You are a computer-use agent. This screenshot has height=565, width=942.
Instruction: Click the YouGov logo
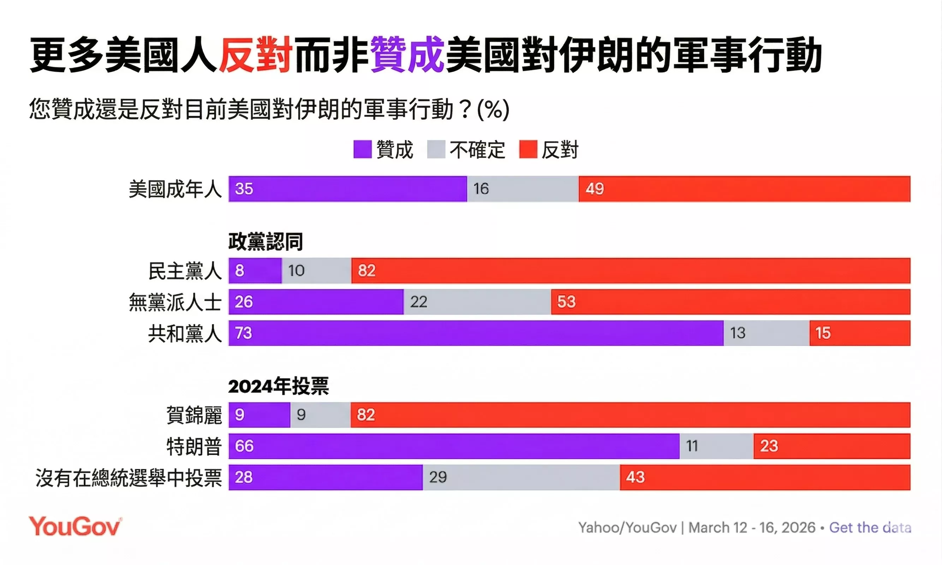pos(75,527)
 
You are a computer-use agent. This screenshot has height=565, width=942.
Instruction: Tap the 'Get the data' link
pos(870,528)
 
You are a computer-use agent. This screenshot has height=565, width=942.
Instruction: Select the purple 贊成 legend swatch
pos(362,150)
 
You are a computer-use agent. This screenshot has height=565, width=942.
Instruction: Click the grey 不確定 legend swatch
pos(436,150)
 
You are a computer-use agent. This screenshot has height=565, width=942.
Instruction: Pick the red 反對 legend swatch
pos(528,150)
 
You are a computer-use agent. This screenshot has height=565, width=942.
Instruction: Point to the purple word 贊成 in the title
pos(406,54)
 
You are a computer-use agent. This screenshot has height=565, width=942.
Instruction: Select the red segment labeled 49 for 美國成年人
pos(744,189)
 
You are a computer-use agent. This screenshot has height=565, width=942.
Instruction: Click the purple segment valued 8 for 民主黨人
pos(255,271)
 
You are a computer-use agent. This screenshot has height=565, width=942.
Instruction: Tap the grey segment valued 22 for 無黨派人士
pos(477,302)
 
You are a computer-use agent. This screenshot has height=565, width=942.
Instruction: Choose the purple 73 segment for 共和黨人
pos(476,333)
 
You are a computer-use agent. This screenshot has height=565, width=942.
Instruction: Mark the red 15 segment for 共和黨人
pos(860,333)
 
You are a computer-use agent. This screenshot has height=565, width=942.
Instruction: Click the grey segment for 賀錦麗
pos(320,415)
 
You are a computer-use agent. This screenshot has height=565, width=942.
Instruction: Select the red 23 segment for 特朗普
pos(831,446)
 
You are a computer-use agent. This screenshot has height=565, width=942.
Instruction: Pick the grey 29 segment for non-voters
pos(521,477)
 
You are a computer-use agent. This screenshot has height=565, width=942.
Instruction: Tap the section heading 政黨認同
pos(265,242)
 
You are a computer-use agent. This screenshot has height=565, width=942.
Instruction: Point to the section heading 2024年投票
pos(278,386)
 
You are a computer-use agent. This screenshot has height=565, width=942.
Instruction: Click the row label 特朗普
pos(194,446)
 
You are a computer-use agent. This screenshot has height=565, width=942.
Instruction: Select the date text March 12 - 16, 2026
pos(752,528)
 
